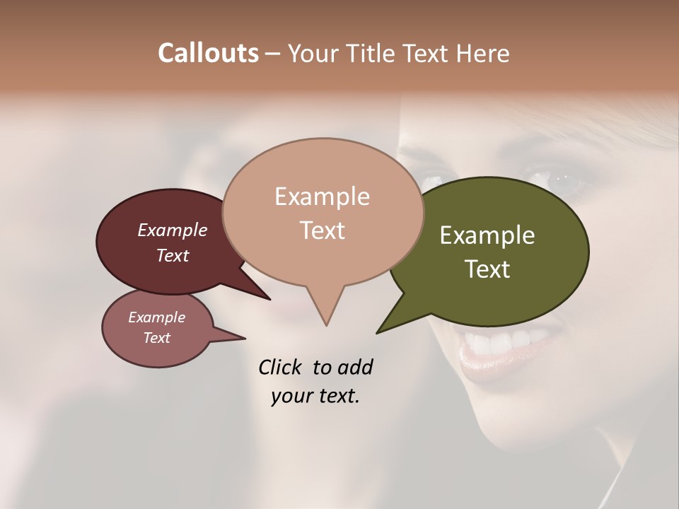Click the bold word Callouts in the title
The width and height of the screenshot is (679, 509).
(208, 53)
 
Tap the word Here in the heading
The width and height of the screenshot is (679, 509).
(483, 53)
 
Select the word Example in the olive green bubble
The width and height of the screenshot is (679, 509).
(487, 235)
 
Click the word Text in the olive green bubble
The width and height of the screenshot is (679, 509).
(487, 269)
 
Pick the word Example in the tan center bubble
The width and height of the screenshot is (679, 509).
(322, 197)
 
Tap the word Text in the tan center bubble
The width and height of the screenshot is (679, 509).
(322, 230)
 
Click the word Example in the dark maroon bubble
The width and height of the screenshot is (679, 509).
(172, 230)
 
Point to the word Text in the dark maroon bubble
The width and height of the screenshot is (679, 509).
(172, 255)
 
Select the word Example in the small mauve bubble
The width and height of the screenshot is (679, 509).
(156, 317)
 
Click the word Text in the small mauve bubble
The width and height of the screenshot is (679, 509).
(156, 338)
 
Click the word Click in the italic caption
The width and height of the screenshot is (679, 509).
(282, 367)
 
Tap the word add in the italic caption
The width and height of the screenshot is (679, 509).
(355, 367)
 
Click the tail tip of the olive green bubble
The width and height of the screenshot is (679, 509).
(378, 332)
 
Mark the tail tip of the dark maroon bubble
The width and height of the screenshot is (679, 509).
(269, 299)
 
